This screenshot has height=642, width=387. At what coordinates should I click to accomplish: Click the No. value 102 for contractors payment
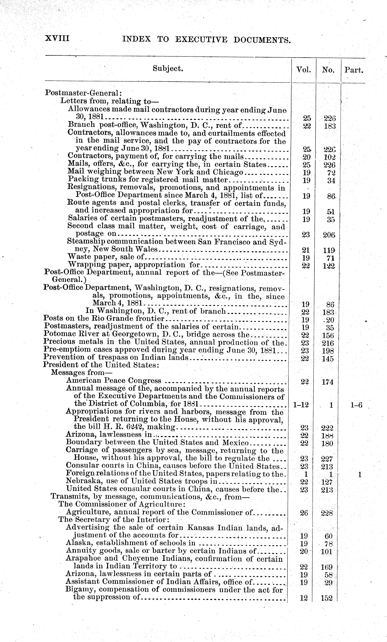(329, 157)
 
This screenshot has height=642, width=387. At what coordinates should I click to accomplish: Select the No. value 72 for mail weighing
(331, 173)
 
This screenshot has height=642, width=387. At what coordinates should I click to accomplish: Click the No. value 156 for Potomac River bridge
(328, 336)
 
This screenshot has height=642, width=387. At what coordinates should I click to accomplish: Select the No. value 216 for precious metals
(328, 343)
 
